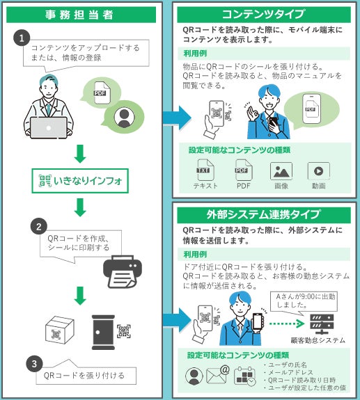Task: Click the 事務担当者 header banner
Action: pyautogui.click(x=81, y=15)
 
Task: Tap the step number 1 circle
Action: pyautogui.click(x=22, y=38)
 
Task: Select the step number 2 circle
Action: pyautogui.click(x=39, y=227)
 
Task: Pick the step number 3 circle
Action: pyautogui.click(x=34, y=364)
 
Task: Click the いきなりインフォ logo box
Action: pyautogui.click(x=80, y=181)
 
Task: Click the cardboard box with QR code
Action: pyautogui.click(x=60, y=330)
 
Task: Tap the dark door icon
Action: pyautogui.click(x=103, y=332)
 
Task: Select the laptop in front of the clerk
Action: pyautogui.click(x=49, y=128)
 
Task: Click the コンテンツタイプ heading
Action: pyautogui.click(x=264, y=15)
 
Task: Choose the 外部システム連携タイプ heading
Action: pyautogui.click(x=264, y=215)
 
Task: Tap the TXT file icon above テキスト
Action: pyautogui.click(x=205, y=170)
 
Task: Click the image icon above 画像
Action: pyautogui.click(x=281, y=171)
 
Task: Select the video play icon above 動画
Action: pyautogui.click(x=319, y=171)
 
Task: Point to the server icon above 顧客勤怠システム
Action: pyautogui.click(x=322, y=324)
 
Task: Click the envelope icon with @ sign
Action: pyautogui.click(x=218, y=374)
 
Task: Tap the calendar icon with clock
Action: pyautogui.click(x=244, y=376)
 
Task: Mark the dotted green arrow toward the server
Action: pyautogui.click(x=287, y=323)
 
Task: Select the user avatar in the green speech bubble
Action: pyautogui.click(x=125, y=117)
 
